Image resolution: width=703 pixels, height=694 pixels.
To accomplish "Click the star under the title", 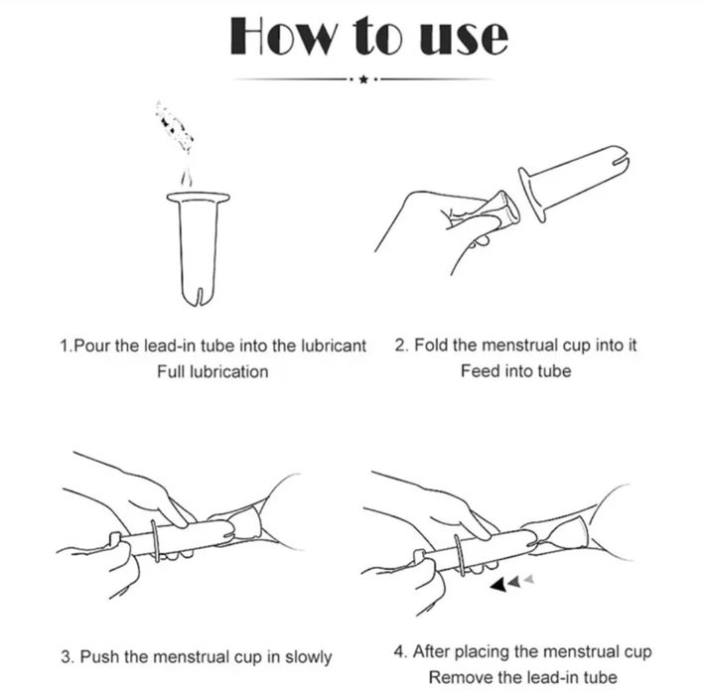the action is pyautogui.click(x=363, y=79).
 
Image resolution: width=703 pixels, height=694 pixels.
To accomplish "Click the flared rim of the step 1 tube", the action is pyautogui.click(x=199, y=198).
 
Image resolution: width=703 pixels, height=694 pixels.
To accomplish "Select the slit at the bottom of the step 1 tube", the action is pyautogui.click(x=199, y=297).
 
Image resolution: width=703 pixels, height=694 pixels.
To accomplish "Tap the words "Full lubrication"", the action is pyautogui.click(x=212, y=371).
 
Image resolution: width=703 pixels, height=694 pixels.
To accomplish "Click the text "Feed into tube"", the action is pyautogui.click(x=516, y=371).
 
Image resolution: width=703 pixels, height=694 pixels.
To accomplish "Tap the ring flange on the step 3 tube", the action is pyautogui.click(x=155, y=541).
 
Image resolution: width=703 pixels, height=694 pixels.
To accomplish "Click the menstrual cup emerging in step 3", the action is pyautogui.click(x=245, y=524).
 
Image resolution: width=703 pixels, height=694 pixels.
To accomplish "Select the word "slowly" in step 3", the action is pyautogui.click(x=309, y=657).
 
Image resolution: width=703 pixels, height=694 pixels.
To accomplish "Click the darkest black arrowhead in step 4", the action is pyautogui.click(x=498, y=585).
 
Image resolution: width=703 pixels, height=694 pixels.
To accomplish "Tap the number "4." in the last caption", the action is pyautogui.click(x=400, y=651).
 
